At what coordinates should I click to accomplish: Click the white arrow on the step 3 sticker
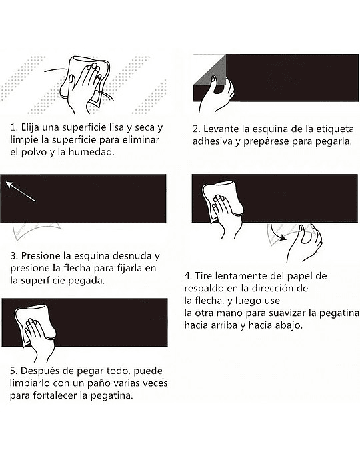(x=21, y=191)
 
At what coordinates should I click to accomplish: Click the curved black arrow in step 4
(x=277, y=233)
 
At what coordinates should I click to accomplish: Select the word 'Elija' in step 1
(x=30, y=128)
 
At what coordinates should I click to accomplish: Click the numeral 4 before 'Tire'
(x=187, y=276)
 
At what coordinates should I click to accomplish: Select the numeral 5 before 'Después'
(x=13, y=371)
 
